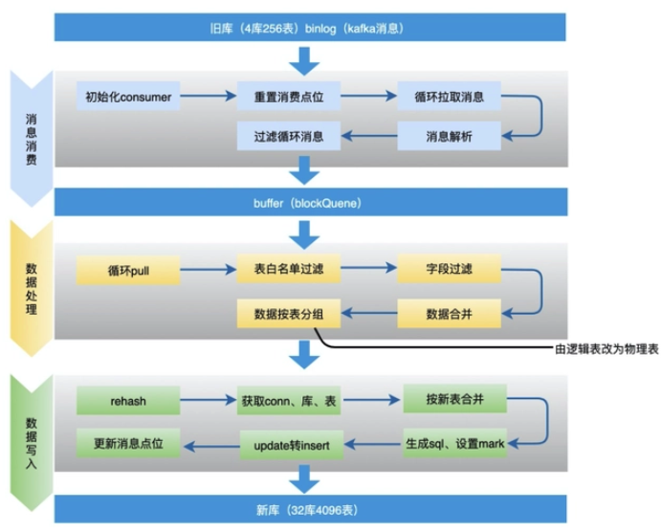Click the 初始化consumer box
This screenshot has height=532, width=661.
(x=127, y=97)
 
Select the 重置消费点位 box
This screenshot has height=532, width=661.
(x=288, y=97)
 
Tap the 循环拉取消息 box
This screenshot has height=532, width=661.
(x=449, y=97)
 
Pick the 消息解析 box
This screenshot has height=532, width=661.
(x=449, y=136)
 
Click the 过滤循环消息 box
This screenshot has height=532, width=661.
(x=288, y=136)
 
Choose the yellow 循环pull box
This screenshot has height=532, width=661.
(x=127, y=272)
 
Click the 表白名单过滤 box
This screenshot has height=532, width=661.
(x=288, y=272)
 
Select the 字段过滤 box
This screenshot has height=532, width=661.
(x=449, y=272)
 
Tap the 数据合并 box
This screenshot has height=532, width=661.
(x=449, y=312)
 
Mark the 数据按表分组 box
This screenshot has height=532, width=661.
(x=288, y=312)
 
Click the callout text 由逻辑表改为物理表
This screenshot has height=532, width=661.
(x=606, y=350)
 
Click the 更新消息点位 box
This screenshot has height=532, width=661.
(x=127, y=442)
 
